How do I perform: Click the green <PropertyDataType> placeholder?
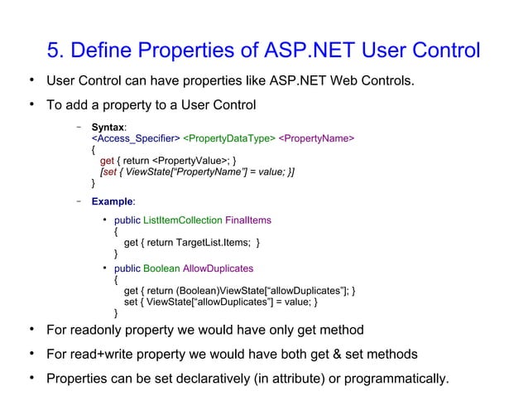(228, 138)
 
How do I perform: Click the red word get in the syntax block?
(108, 160)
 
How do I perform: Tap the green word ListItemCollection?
(183, 220)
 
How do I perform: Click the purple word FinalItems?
(248, 220)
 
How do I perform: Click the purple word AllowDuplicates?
(218, 268)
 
